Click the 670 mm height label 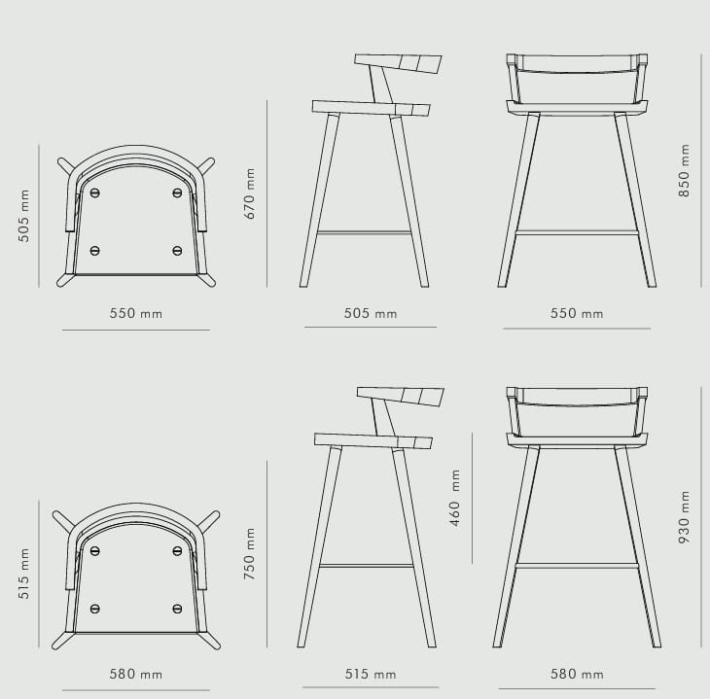tap(250, 193)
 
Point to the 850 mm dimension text tap(684, 171)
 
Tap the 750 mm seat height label tap(250, 554)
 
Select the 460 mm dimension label tap(454, 498)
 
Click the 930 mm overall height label tap(684, 517)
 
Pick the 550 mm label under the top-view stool tap(136, 313)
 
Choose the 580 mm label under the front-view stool tap(577, 674)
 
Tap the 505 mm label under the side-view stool tap(371, 313)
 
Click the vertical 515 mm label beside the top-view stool tap(24, 574)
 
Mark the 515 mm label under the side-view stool tap(371, 674)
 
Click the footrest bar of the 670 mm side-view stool tap(364, 233)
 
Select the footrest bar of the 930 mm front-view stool tap(577, 566)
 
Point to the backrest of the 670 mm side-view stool tap(399, 63)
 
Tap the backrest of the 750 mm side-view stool tap(401, 396)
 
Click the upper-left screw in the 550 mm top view tap(94, 192)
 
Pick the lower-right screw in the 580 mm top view tap(177, 609)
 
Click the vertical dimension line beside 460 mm tap(472, 498)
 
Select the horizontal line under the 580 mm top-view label tap(136, 690)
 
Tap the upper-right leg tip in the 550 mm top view tap(211, 161)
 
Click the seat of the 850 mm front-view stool tap(577, 108)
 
